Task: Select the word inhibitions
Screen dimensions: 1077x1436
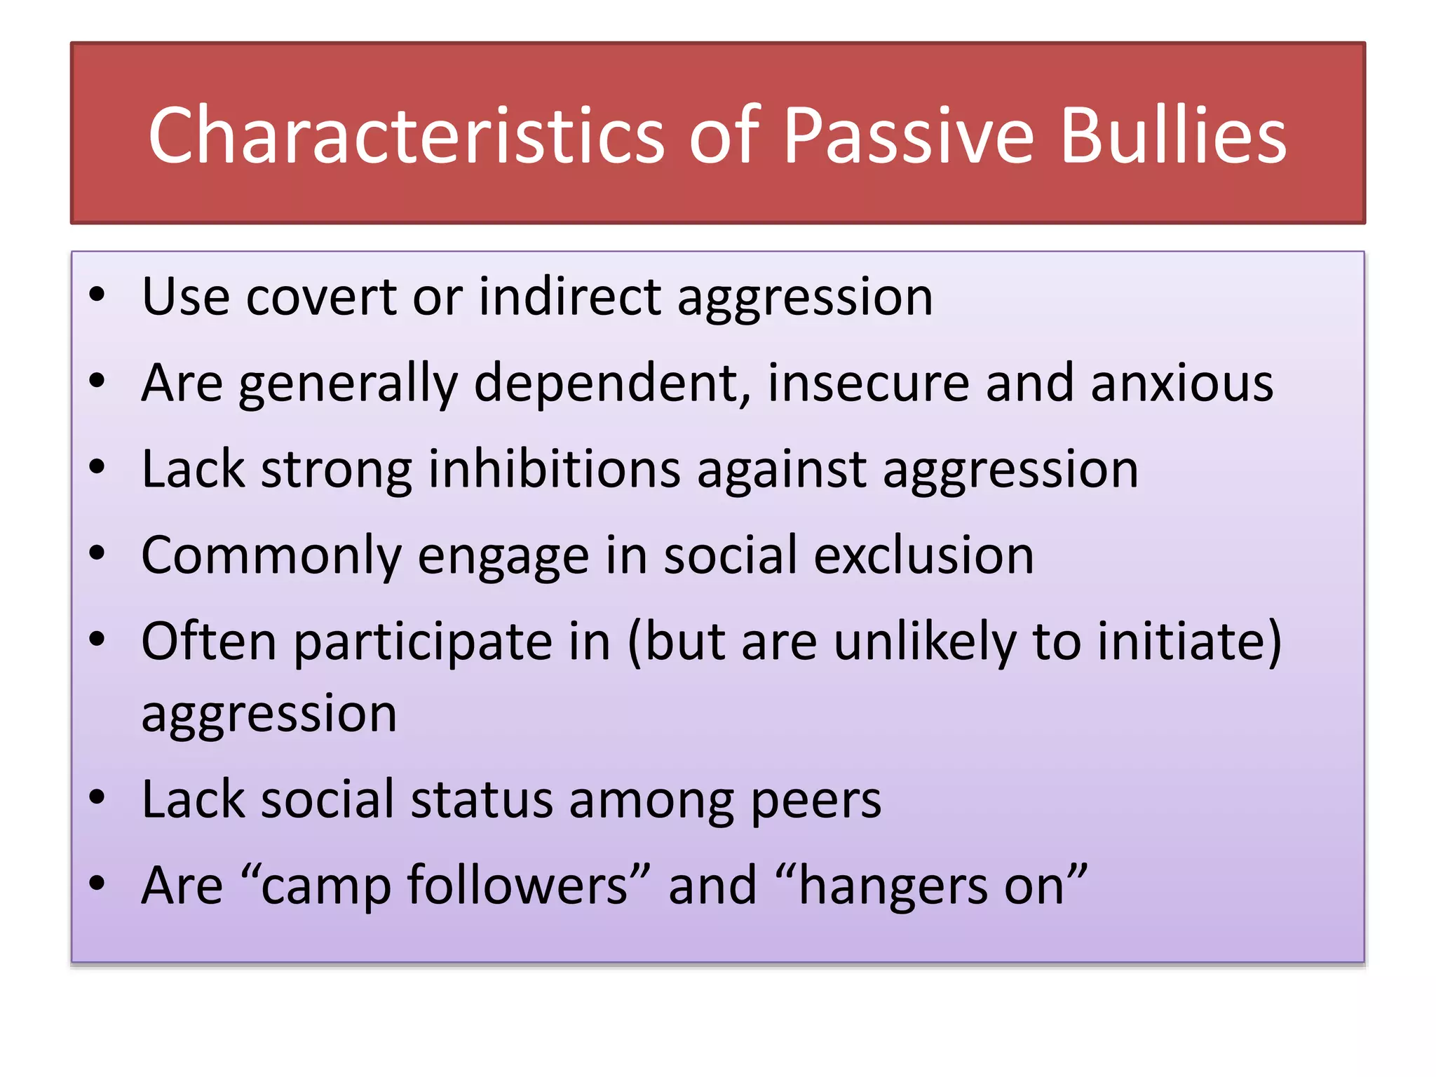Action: (554, 469)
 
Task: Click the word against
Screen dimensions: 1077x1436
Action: (781, 469)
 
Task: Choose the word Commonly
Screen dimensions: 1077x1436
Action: (271, 556)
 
